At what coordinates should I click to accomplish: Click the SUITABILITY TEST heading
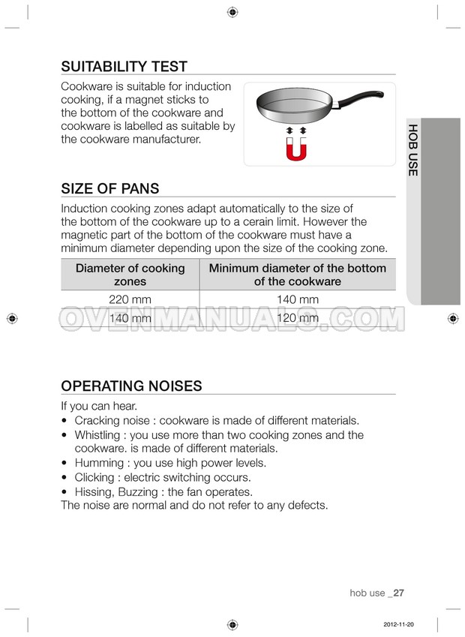[x=124, y=67]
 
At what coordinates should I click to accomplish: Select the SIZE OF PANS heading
[x=109, y=188]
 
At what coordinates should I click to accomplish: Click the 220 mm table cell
[x=130, y=299]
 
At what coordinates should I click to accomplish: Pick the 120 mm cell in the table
[x=297, y=318]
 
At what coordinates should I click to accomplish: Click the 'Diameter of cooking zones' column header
[x=130, y=275]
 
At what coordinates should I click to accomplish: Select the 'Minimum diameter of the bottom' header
[x=297, y=269]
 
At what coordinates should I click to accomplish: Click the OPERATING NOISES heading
[x=131, y=386]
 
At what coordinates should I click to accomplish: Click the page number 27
[x=398, y=593]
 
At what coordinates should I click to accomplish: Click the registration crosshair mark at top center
[x=232, y=12]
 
